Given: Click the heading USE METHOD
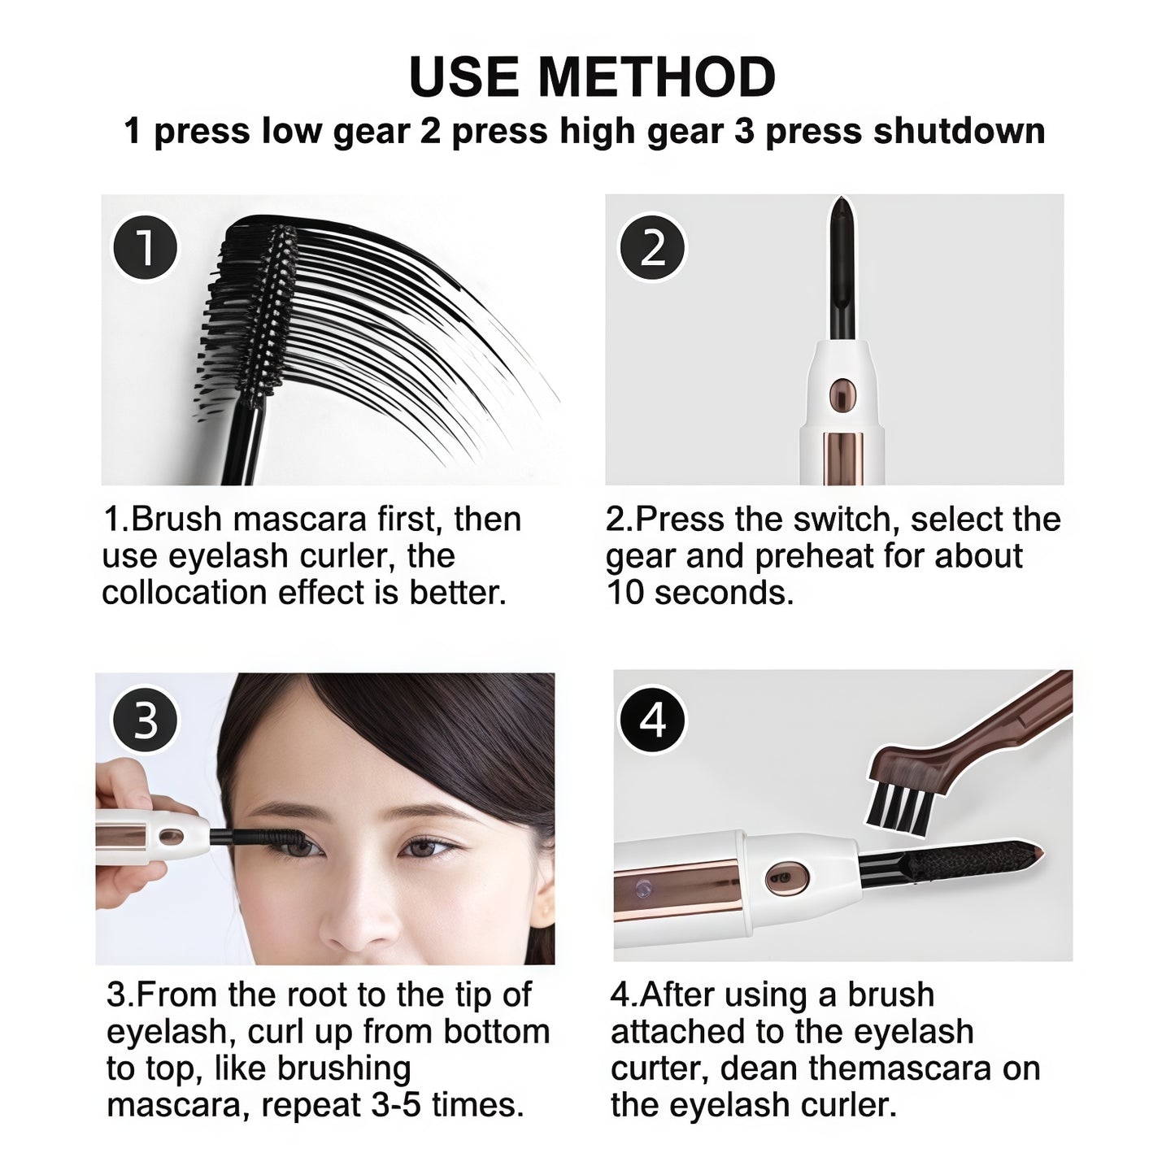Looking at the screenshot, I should coord(592,77).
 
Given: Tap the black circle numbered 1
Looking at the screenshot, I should coord(145,247).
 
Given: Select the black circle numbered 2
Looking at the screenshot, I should coord(652,247).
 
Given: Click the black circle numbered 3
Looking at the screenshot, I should coord(145,720).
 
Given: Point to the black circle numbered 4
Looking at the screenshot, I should coord(652,720).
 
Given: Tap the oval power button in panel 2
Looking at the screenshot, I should coord(842,395).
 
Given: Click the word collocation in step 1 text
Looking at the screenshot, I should coord(185,593).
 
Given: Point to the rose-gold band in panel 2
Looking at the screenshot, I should coord(842,458).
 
